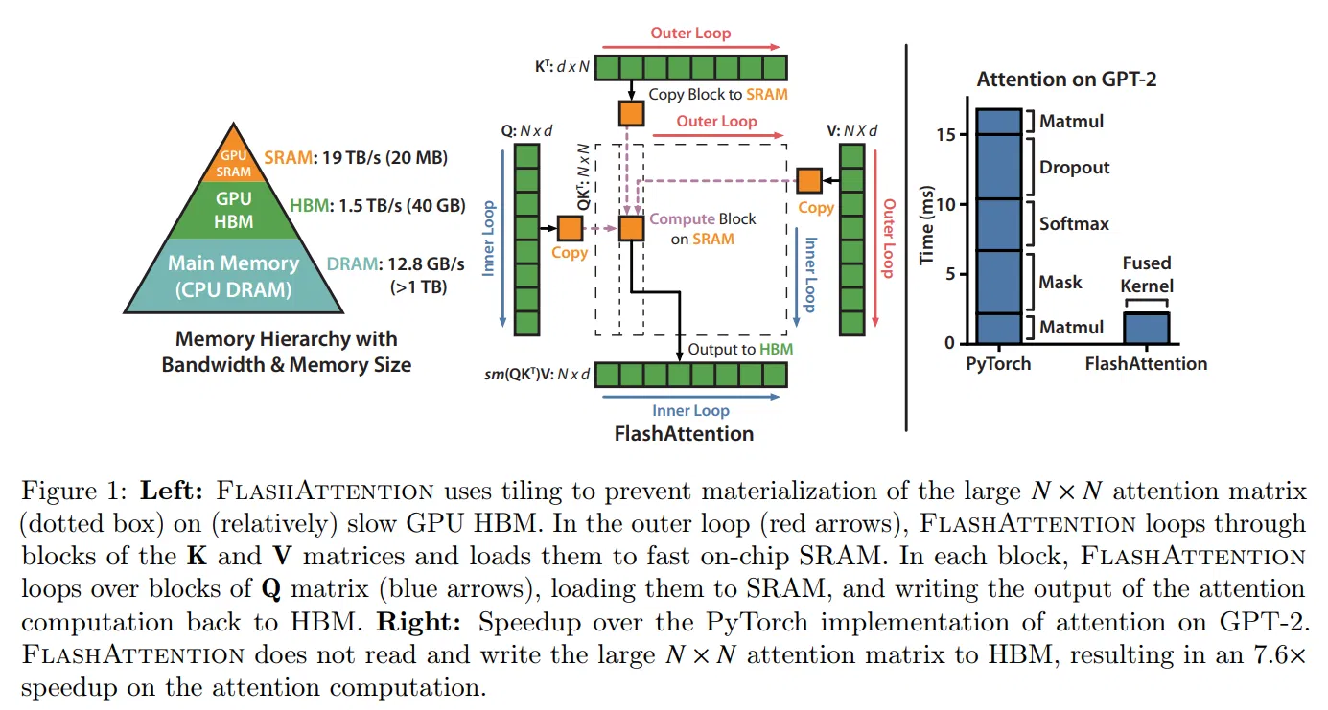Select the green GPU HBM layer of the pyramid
tap(234, 211)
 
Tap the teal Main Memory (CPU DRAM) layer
tap(234, 276)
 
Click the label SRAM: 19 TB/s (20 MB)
tap(356, 158)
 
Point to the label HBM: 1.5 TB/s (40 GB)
tap(378, 206)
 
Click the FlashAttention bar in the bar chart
tap(1147, 328)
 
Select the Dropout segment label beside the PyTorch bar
tap(1074, 167)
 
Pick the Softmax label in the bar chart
tap(1074, 223)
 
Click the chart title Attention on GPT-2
tap(1066, 79)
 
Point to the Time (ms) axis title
tap(926, 225)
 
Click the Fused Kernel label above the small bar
tap(1147, 274)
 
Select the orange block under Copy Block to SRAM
tap(631, 113)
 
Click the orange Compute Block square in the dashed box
tap(631, 228)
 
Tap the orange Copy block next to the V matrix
tap(809, 181)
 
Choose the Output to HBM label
tap(740, 349)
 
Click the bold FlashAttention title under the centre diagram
tap(685, 434)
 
